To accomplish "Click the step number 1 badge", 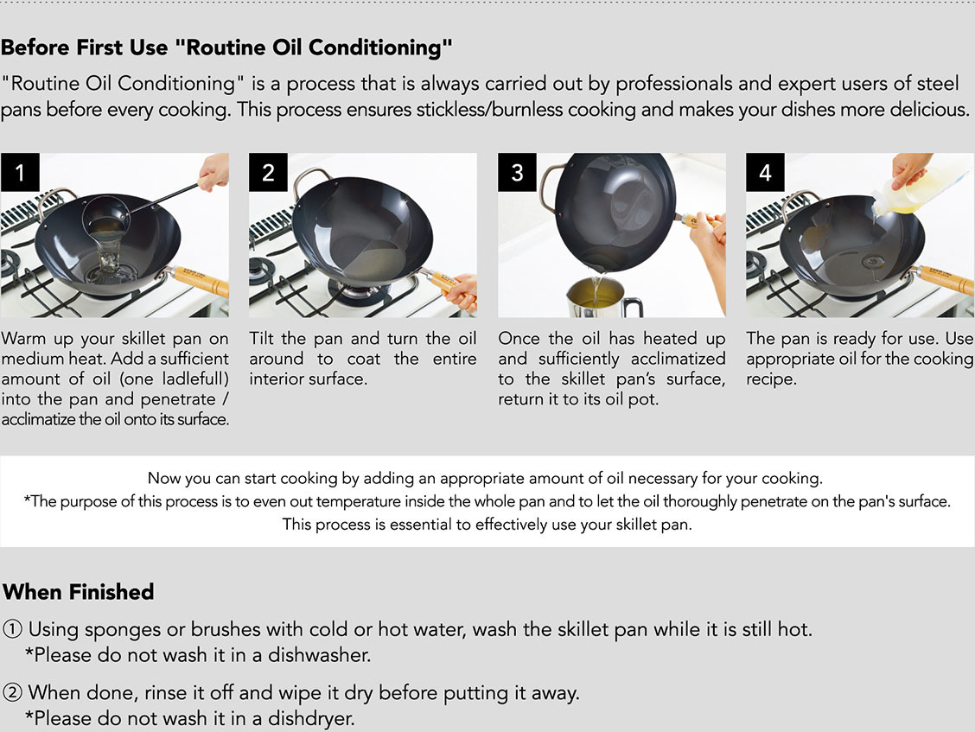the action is [20, 172].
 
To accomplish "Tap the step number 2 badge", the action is [268, 172].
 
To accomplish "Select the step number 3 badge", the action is [517, 172].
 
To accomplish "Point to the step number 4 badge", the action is [765, 172].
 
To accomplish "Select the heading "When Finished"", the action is [79, 591].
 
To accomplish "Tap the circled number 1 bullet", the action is [12, 629].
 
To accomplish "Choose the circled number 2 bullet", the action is [12, 692].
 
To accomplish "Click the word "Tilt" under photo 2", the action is [262, 338].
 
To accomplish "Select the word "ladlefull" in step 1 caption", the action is [195, 379].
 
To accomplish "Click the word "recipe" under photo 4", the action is [769, 379].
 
